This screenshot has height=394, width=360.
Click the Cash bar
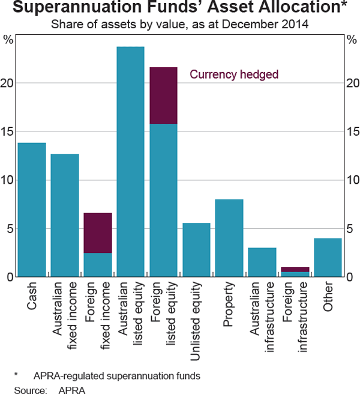point(32,210)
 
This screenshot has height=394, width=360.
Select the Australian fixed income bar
point(65,216)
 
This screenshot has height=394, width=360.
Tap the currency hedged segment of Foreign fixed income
point(98,233)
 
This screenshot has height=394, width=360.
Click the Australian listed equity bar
point(130,162)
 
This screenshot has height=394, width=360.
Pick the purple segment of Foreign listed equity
point(163,95)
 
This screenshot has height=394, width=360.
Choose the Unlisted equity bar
point(196,250)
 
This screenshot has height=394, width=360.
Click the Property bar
point(229,238)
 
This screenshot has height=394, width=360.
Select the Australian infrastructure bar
point(262,262)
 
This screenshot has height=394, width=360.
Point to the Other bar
point(327,258)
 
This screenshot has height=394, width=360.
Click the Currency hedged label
point(234,75)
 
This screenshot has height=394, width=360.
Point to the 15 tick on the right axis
point(353,132)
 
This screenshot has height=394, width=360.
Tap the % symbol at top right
point(352,40)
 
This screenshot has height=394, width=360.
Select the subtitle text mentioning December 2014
point(179,25)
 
